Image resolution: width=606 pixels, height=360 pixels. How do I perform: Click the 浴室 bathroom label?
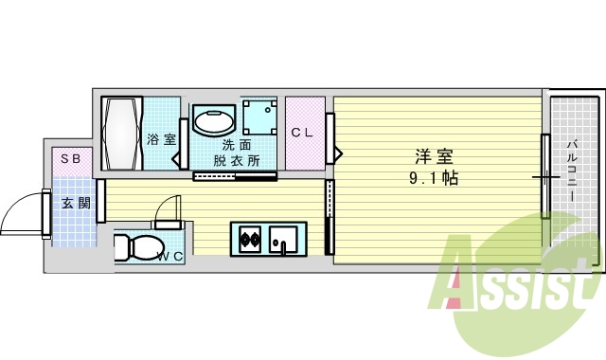pyautogui.click(x=161, y=139)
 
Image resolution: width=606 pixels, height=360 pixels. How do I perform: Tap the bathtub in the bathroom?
pyautogui.click(x=122, y=133)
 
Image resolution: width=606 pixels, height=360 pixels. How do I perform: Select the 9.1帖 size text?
pyautogui.click(x=434, y=177)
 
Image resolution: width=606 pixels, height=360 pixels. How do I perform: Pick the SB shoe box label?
pyautogui.click(x=71, y=159)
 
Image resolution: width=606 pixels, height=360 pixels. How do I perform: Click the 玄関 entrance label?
pyautogui.click(x=75, y=202)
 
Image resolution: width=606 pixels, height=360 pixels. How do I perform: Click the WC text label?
pyautogui.click(x=169, y=256)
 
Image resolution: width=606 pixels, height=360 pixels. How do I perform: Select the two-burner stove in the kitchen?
pyautogui.click(x=250, y=239)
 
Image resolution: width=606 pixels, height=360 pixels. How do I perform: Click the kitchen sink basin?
pyautogui.click(x=282, y=239)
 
